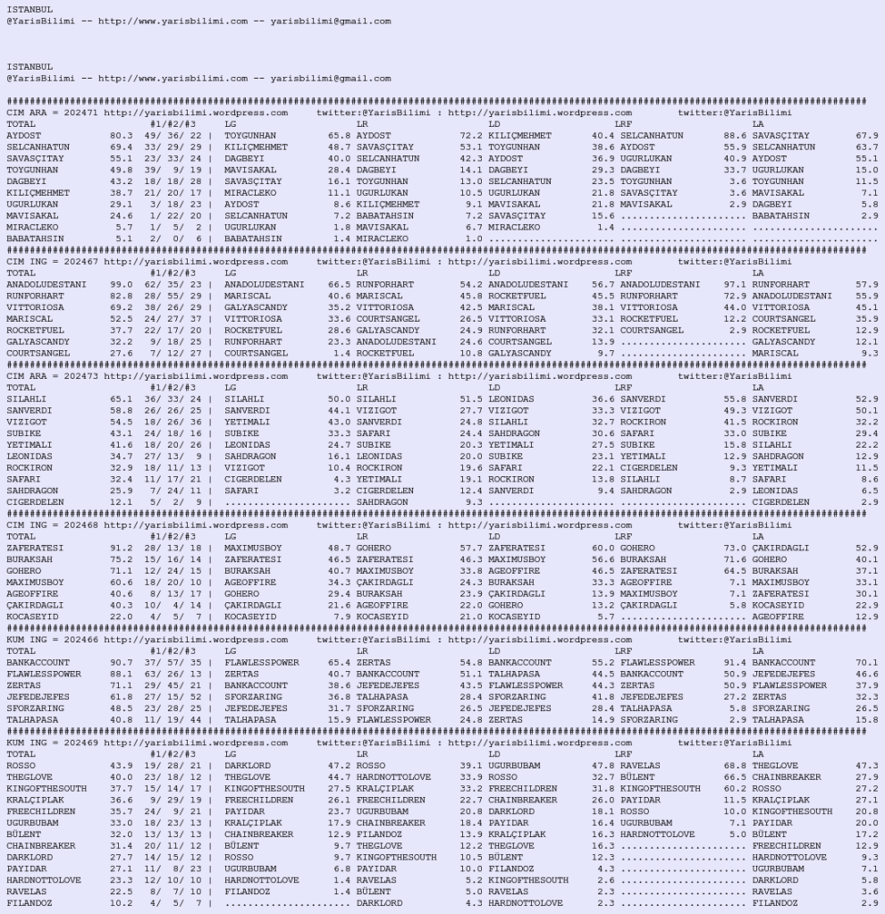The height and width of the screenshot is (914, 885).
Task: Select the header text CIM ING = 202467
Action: pyautogui.click(x=53, y=262)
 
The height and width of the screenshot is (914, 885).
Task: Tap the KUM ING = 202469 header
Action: pyautogui.click(x=53, y=742)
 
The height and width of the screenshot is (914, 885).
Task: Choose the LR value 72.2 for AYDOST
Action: pyautogui.click(x=471, y=136)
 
